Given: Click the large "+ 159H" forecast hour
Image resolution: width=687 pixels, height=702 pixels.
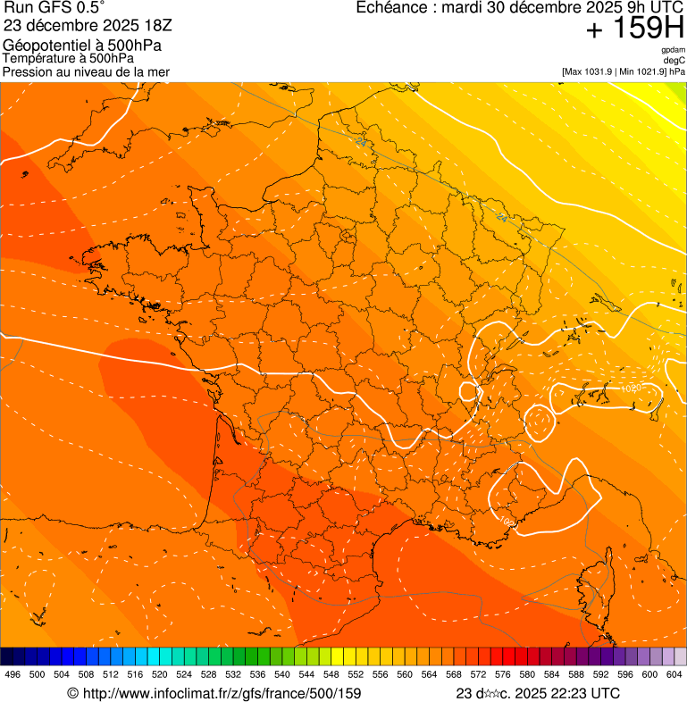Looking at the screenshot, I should click(x=634, y=29).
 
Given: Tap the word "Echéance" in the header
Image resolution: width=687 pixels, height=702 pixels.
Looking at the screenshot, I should click(x=390, y=8).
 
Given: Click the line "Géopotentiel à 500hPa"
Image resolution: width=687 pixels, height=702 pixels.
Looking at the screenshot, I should click(x=83, y=46).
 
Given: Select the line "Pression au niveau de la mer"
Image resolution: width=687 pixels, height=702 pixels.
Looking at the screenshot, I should click(x=86, y=71).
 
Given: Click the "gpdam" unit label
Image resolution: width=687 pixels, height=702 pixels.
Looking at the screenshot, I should click(x=673, y=51).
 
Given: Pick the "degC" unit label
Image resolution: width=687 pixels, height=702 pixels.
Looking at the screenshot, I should click(x=674, y=61).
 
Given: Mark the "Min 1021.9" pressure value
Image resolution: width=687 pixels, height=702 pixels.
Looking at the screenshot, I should click(x=641, y=71).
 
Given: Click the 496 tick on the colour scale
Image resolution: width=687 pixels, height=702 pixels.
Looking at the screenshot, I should click(x=13, y=674).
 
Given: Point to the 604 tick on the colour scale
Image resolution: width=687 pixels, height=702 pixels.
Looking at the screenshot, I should click(x=674, y=674).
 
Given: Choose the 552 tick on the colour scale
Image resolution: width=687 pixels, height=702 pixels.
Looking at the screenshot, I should click(x=356, y=674).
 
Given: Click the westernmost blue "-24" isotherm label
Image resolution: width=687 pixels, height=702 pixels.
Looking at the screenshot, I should click(x=361, y=141).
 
